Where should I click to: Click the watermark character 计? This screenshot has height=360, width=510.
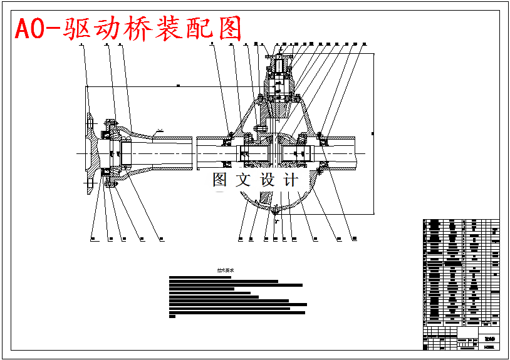click(290, 180)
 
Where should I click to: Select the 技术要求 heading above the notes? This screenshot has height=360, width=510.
click(224, 271)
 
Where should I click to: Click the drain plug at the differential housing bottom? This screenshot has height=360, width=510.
click(276, 213)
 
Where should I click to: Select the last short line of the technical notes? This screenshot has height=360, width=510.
click(173, 317)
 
